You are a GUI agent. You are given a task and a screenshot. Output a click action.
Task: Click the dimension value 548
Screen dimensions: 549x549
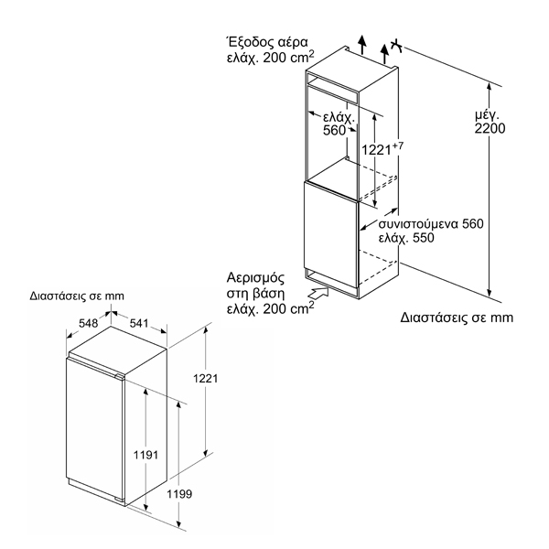87,323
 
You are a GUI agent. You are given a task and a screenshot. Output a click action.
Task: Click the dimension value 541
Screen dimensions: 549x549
140,323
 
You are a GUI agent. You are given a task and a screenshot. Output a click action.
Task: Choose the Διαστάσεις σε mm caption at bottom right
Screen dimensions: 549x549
457,318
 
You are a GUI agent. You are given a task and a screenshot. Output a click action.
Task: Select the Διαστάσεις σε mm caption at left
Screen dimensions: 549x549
76,296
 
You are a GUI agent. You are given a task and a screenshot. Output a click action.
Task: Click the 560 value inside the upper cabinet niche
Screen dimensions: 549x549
335,131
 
